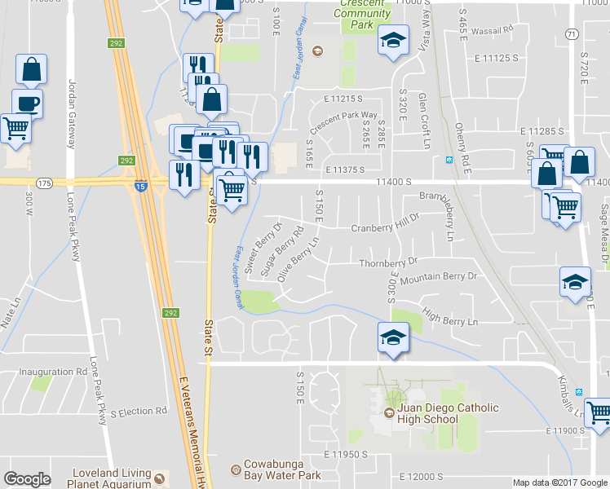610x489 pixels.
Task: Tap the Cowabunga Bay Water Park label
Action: coord(281,469)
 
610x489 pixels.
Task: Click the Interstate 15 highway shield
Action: coord(137,186)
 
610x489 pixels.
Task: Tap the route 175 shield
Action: coord(43,183)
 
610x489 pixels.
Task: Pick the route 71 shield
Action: coord(572,33)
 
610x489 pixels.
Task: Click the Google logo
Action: coord(27,479)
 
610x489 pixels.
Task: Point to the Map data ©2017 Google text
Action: coord(559,482)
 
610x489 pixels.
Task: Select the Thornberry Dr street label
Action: coord(388,263)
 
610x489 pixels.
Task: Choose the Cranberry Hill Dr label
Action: coord(384,229)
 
